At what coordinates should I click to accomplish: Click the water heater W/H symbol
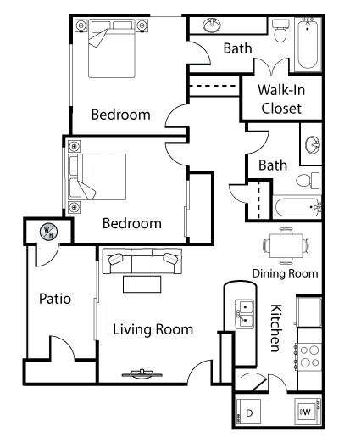48,232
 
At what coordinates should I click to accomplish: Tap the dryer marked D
248,412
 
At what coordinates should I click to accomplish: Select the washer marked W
308,412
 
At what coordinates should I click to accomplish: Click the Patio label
55,299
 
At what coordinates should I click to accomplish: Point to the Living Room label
153,329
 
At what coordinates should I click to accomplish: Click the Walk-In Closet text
281,99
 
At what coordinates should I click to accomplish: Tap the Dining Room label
285,273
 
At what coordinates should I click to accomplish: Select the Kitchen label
276,328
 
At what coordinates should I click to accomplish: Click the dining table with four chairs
286,245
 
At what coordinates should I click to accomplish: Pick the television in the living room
142,374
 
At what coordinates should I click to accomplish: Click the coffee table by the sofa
142,284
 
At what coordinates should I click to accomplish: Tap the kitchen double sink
245,314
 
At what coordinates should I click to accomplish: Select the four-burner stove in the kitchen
308,356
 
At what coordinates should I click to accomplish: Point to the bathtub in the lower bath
298,207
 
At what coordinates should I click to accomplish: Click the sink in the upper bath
212,25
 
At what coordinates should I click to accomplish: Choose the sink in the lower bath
313,144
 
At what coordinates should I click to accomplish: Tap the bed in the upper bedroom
112,48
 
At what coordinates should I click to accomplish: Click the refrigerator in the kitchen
309,311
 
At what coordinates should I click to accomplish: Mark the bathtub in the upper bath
308,44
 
